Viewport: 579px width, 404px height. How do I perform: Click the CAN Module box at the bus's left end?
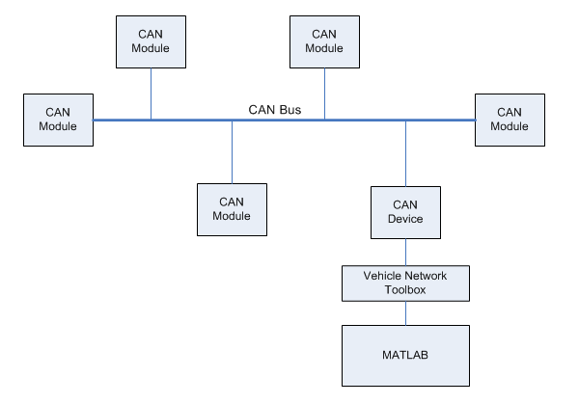tap(58, 120)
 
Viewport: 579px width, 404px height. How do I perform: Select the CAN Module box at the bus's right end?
tap(509, 120)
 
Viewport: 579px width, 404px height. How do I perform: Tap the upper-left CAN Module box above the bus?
tap(151, 41)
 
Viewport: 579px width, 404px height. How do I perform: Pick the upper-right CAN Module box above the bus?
tap(324, 41)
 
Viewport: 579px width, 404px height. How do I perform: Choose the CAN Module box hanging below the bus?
tap(232, 208)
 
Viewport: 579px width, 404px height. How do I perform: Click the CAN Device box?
tap(405, 211)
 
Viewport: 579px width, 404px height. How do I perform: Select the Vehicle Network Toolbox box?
tap(405, 282)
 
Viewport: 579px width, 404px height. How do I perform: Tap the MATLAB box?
tap(405, 356)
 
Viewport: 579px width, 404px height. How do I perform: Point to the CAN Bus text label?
tap(277, 110)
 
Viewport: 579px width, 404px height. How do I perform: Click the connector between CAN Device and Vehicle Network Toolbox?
tap(405, 251)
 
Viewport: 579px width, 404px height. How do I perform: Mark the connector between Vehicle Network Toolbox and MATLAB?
tap(405, 312)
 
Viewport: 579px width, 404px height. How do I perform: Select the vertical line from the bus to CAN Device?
tap(405, 154)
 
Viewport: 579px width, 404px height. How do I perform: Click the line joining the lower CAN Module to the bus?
tap(232, 151)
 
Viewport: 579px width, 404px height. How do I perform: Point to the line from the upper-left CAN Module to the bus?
tap(151, 94)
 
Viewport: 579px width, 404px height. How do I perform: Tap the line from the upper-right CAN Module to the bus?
tap(324, 94)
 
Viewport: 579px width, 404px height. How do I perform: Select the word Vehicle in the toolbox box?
tap(383, 275)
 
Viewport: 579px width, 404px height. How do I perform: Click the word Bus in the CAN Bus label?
tap(290, 110)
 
